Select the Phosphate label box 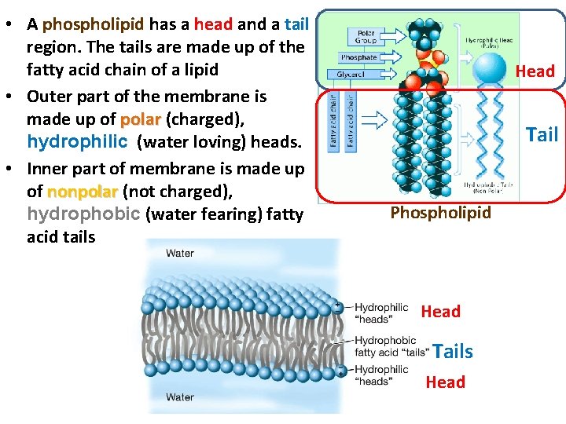click(x=358, y=57)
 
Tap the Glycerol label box click(x=351, y=74)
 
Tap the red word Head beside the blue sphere click(x=535, y=71)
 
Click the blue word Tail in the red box click(x=542, y=134)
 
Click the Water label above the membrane click(x=179, y=254)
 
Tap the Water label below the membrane click(x=179, y=397)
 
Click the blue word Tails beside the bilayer click(x=453, y=351)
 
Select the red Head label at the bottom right click(x=445, y=382)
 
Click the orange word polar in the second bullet click(x=140, y=120)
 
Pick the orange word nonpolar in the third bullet click(x=82, y=192)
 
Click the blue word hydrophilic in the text click(x=77, y=142)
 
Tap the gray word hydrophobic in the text click(x=72, y=214)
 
